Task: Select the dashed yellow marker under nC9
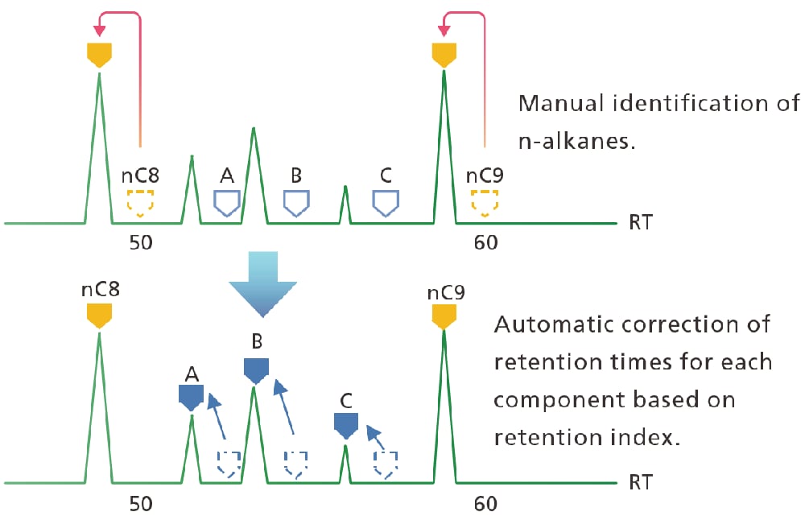(485, 204)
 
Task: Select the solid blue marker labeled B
(255, 369)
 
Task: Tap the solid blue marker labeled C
(345, 424)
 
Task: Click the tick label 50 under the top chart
(141, 242)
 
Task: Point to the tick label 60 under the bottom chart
(485, 504)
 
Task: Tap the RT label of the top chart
(641, 222)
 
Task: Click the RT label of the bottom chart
(641, 483)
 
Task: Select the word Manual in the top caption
(555, 103)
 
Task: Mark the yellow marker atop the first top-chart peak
(99, 55)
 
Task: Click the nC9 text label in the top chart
(485, 175)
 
